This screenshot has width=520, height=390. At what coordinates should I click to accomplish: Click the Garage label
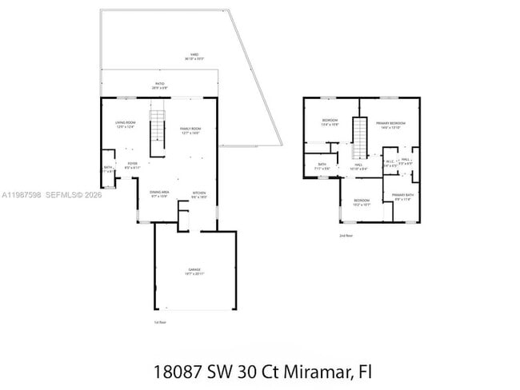pyautogui.click(x=194, y=271)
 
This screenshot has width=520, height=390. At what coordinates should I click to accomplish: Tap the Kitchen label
pyautogui.click(x=199, y=194)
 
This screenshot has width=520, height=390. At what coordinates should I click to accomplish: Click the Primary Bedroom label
pyautogui.click(x=391, y=124)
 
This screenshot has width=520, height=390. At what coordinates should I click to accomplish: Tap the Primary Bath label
pyautogui.click(x=402, y=197)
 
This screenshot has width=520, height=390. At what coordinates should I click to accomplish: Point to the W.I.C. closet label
pyautogui.click(x=390, y=163)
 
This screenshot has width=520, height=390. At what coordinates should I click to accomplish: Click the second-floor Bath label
pyautogui.click(x=322, y=166)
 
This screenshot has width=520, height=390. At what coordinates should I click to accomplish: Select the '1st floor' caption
pyautogui.click(x=160, y=322)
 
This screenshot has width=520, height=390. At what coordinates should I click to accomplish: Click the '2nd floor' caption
pyautogui.click(x=346, y=236)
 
